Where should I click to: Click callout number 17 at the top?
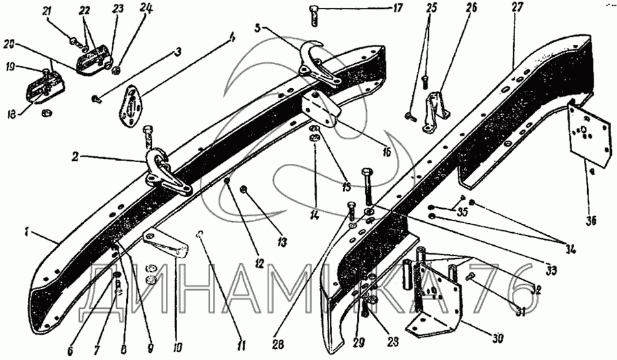[x=396, y=8]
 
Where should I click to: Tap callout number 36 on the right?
[x=590, y=221]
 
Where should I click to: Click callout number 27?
[x=517, y=8]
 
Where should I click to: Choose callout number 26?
[x=471, y=8]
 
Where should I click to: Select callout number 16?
[x=386, y=153]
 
